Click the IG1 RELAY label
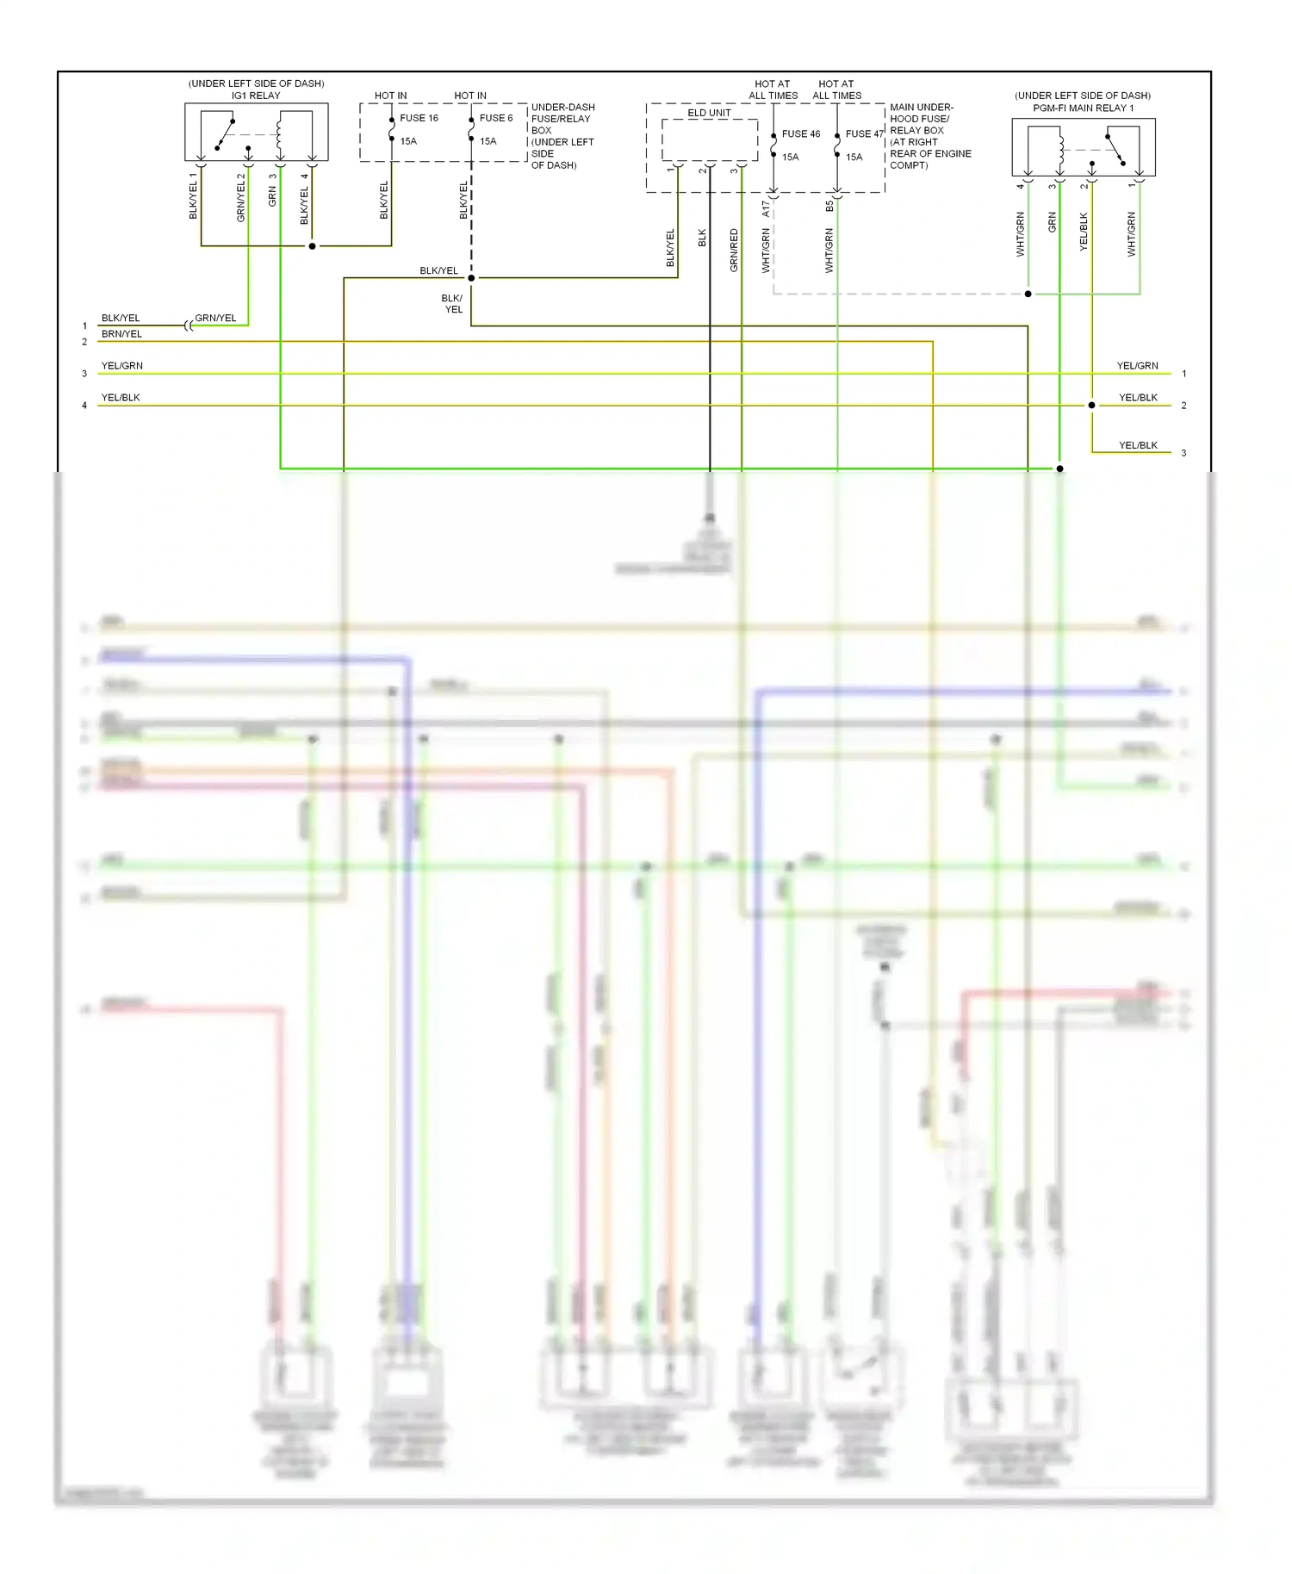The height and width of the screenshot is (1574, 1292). click(x=256, y=96)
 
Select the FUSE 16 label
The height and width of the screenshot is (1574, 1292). click(x=419, y=118)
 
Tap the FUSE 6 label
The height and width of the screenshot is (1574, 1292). click(x=496, y=118)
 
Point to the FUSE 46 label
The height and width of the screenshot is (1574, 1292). click(x=801, y=133)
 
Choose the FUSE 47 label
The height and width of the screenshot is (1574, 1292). click(x=864, y=133)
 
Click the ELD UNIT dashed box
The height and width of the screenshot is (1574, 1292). click(x=709, y=139)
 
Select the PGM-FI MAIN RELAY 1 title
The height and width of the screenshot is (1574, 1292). click(x=1083, y=108)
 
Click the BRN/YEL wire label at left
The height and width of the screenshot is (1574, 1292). click(x=121, y=334)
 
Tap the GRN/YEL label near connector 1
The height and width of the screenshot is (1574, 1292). click(x=215, y=318)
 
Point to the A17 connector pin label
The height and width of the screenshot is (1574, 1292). click(x=766, y=208)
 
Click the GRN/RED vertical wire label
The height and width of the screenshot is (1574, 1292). click(x=734, y=251)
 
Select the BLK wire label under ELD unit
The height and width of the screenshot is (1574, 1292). click(x=702, y=238)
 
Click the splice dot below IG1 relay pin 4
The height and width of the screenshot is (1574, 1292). click(x=312, y=246)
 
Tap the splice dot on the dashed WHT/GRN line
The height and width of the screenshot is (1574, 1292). click(x=1028, y=294)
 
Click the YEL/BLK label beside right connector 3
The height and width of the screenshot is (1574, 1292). click(x=1138, y=445)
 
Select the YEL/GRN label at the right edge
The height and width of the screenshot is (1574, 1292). click(x=1137, y=366)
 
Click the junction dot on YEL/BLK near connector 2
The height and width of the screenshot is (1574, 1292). click(x=1091, y=405)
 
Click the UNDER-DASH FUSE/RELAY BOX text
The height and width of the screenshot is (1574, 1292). click(x=562, y=136)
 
